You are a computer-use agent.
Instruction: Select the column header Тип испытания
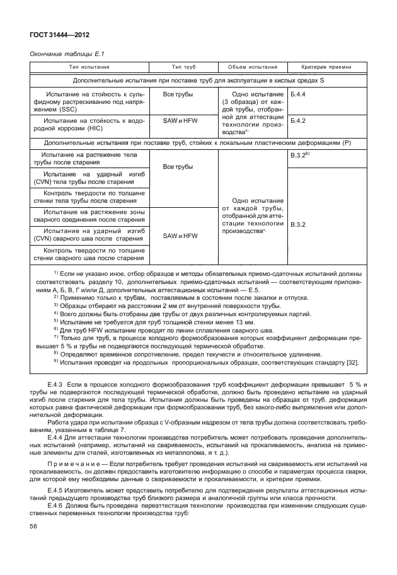click(89, 67)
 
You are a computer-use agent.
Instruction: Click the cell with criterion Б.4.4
click(299, 94)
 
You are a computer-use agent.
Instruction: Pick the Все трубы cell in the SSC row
click(178, 94)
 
